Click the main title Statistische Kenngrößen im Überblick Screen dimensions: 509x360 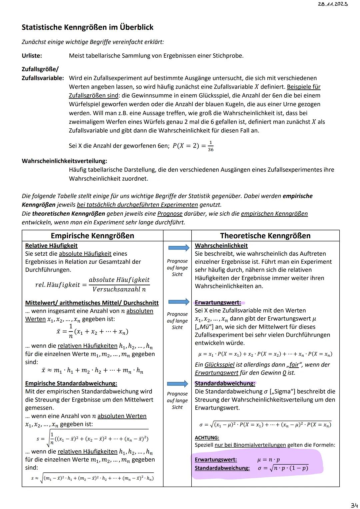(87, 27)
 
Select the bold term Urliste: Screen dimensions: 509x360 (32, 56)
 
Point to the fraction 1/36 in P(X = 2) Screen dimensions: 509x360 (210, 146)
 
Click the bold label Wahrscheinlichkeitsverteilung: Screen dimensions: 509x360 (64, 161)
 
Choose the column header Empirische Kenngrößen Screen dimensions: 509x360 (92, 236)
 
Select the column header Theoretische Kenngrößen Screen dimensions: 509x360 (265, 236)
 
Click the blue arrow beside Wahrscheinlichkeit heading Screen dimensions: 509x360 (178, 248)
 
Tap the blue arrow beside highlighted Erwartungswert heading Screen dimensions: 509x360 (178, 302)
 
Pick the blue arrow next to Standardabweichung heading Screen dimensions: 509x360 (178, 384)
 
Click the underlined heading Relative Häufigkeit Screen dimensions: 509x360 (51, 246)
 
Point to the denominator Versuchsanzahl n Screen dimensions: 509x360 (119, 289)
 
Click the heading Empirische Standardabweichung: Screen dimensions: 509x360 (71, 383)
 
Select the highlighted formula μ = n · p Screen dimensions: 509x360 (269, 460)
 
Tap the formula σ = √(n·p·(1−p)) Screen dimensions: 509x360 (283, 468)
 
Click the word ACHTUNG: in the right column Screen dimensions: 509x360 (207, 438)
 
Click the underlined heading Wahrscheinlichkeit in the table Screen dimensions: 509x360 (221, 246)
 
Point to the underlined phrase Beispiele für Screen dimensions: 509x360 (303, 87)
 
